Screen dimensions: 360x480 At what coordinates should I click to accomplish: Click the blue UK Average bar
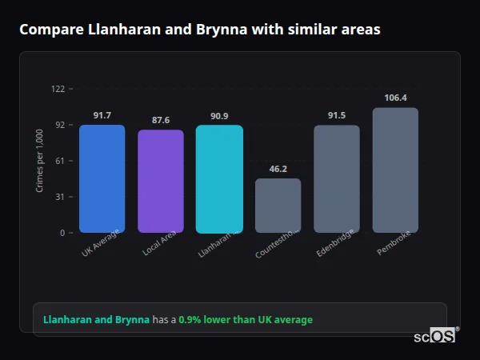coord(102,178)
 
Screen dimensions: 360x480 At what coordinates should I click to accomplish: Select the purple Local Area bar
coord(160,181)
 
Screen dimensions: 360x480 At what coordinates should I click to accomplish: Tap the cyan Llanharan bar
coord(219,178)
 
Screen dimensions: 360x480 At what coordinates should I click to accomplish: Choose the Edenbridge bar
coord(336,178)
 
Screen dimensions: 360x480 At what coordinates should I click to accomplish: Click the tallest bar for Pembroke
coord(395,170)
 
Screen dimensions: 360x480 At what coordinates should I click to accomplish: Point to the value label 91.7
coord(102,115)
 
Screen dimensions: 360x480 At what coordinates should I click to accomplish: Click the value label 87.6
coord(161,120)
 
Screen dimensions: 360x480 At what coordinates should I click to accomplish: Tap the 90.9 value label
coord(219,116)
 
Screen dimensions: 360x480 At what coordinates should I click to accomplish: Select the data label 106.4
coord(395,98)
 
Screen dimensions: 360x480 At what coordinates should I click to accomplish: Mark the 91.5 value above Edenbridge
coord(337,115)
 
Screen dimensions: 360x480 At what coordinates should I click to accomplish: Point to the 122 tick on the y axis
coord(58,89)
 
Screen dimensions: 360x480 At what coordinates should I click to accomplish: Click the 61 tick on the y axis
coord(60,161)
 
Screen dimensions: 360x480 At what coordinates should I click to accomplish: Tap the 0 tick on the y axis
coord(62,233)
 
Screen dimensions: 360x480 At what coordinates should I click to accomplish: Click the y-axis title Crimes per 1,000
coord(40,160)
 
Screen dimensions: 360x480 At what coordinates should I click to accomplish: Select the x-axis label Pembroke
coord(394,246)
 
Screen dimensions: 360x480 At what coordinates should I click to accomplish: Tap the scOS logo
coord(434,336)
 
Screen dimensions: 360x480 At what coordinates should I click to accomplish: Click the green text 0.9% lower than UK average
coord(246,320)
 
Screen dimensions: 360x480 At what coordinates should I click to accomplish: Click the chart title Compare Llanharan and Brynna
coord(200,30)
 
